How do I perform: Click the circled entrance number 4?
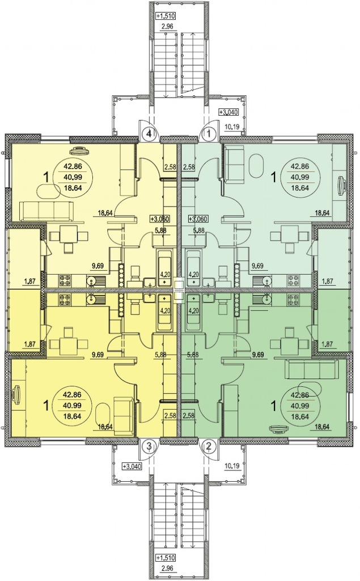coord(149,133)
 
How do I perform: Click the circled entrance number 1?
coord(210,133)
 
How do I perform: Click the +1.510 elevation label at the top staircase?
coord(165,16)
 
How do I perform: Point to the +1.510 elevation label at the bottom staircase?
coord(165,558)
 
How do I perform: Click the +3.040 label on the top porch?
coord(228,112)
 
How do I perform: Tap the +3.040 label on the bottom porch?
coord(132,466)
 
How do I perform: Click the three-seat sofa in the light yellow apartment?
coord(46,212)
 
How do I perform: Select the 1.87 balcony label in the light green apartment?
coord(328,281)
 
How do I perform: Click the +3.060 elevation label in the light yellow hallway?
coord(160,219)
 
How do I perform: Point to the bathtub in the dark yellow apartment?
coord(164,313)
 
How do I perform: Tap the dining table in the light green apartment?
coord(289,235)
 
